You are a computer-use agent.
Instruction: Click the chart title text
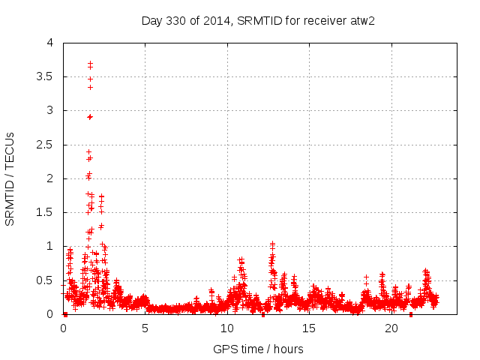pyautogui.click(x=258, y=20)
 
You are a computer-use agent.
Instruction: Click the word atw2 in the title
pyautogui.click(x=361, y=20)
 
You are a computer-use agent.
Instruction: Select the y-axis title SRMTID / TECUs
pyautogui.click(x=10, y=179)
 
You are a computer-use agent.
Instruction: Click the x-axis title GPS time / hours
pyautogui.click(x=258, y=349)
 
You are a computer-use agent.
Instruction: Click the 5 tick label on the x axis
pyautogui.click(x=145, y=328)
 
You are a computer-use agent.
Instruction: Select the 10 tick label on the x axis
pyautogui.click(x=226, y=328)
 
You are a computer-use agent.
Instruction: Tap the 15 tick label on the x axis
pyautogui.click(x=309, y=328)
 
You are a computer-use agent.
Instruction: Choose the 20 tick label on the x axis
pyautogui.click(x=391, y=328)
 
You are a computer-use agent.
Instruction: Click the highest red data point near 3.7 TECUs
pyautogui.click(x=90, y=63)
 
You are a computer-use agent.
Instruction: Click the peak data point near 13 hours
pyautogui.click(x=272, y=244)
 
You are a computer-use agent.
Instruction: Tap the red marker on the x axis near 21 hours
pyautogui.click(x=410, y=314)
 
